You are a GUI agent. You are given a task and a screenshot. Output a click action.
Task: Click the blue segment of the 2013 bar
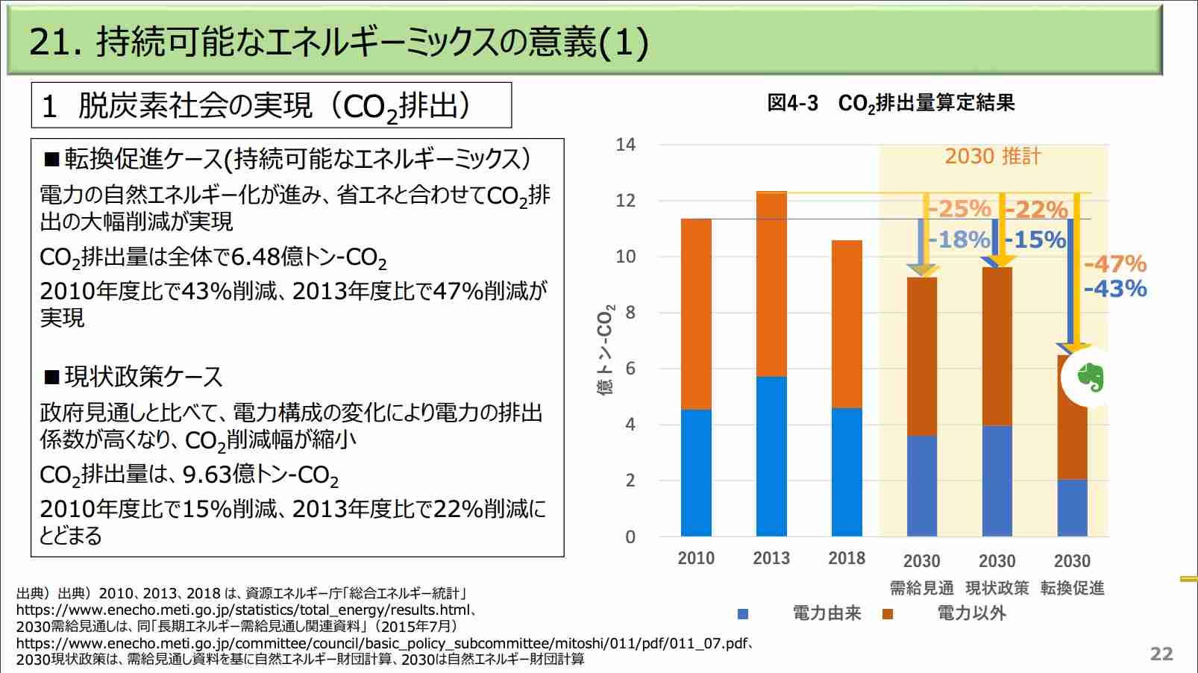(771, 457)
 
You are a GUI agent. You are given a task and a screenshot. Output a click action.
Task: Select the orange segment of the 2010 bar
(696, 314)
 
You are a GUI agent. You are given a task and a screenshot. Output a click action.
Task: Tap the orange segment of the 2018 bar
(847, 325)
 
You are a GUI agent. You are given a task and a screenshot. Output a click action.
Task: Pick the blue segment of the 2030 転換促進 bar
(1073, 507)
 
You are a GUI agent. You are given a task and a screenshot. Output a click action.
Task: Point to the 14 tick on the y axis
(625, 145)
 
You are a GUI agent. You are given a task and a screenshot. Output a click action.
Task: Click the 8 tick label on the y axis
(630, 313)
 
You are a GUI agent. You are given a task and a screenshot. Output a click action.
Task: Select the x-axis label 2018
(847, 558)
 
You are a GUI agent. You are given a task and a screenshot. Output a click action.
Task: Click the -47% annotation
(1115, 263)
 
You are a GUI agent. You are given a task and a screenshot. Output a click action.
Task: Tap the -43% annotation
(1115, 289)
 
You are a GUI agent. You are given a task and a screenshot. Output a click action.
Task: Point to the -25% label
(959, 209)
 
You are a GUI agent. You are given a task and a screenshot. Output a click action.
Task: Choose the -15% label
(1035, 240)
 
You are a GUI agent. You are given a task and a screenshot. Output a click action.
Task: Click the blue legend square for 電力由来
(743, 614)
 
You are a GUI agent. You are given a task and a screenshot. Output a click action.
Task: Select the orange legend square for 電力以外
(887, 614)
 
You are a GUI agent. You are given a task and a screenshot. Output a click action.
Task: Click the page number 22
(1161, 653)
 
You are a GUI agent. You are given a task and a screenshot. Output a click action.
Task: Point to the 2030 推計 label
(993, 156)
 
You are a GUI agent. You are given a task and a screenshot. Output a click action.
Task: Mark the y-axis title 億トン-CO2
(606, 350)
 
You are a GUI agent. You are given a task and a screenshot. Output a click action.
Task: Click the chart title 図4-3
(793, 103)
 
